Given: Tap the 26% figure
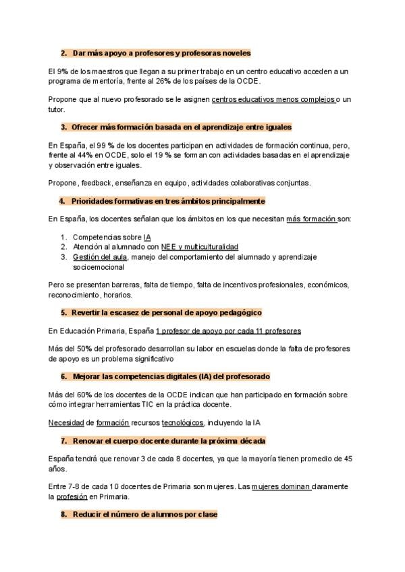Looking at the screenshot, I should pyautogui.click(x=175, y=81).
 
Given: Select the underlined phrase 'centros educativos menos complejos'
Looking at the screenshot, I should pyautogui.click(x=273, y=99).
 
